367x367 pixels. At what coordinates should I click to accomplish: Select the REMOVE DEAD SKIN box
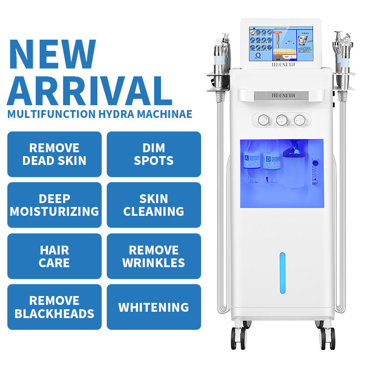(x=54, y=154)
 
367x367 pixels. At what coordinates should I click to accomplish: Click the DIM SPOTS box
(x=154, y=154)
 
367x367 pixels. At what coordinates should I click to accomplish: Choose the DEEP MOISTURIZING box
(x=54, y=205)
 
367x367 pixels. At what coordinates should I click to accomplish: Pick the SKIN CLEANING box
(x=154, y=205)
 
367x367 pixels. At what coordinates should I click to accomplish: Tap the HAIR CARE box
(x=54, y=256)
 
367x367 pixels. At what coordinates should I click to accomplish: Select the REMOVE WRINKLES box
(x=154, y=256)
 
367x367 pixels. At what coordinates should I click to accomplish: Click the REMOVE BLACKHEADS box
(x=54, y=307)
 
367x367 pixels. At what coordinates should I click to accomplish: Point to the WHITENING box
(x=154, y=307)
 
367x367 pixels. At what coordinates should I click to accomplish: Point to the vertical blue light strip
(x=282, y=273)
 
